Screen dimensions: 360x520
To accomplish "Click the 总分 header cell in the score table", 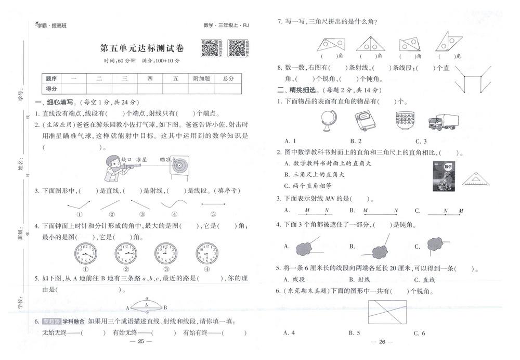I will click(228, 78).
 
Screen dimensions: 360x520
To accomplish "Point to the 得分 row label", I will click(51, 88).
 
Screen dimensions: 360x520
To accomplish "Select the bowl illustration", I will click(405, 122).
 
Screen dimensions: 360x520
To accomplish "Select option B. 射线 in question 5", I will click(359, 280).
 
